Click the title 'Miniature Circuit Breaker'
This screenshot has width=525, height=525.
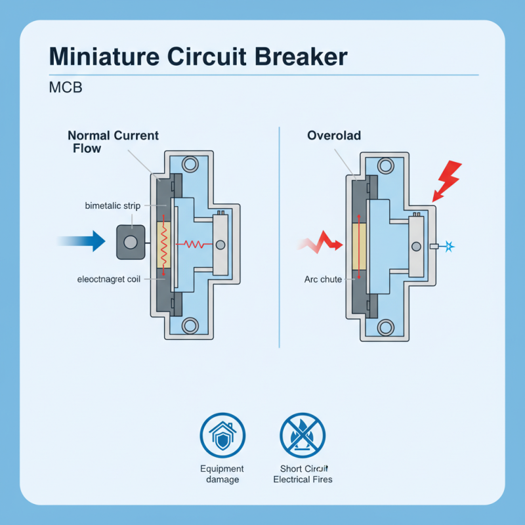[198, 56]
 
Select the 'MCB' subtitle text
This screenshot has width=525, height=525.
[66, 87]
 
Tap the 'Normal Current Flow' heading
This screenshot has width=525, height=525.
[113, 142]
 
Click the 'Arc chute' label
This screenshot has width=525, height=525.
[323, 279]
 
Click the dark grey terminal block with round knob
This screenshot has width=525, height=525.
[131, 242]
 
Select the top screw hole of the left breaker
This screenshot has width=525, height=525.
[191, 165]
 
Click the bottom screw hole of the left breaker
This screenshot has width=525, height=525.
[191, 325]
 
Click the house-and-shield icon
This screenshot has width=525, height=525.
[222, 434]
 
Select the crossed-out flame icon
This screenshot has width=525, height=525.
[303, 434]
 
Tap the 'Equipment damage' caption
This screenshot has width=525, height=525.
[222, 474]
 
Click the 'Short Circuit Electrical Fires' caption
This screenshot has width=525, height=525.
[303, 474]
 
